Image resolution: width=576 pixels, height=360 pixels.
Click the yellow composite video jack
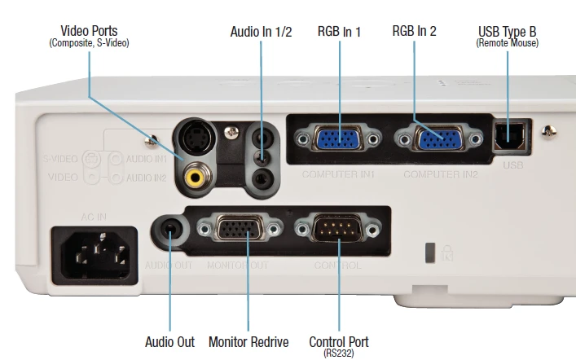coord(196,173)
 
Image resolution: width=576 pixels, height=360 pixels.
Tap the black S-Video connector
coord(196,140)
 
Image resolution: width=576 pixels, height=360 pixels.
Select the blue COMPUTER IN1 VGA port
coord(338,139)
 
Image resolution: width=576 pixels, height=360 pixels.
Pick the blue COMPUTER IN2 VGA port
coord(438,139)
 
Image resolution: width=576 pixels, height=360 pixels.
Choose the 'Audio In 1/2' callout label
coord(261,32)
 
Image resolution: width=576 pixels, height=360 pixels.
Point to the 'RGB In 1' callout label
coord(339,32)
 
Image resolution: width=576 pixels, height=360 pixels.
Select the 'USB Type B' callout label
coord(507,32)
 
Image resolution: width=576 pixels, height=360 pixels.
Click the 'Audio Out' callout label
coord(169,342)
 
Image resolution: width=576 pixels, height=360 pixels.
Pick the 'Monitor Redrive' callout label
coord(248,342)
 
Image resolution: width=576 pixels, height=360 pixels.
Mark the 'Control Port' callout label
coord(339,342)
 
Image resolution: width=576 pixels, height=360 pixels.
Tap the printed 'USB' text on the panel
coord(512,165)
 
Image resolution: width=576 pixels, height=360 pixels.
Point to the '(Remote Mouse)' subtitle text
coord(507,42)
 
